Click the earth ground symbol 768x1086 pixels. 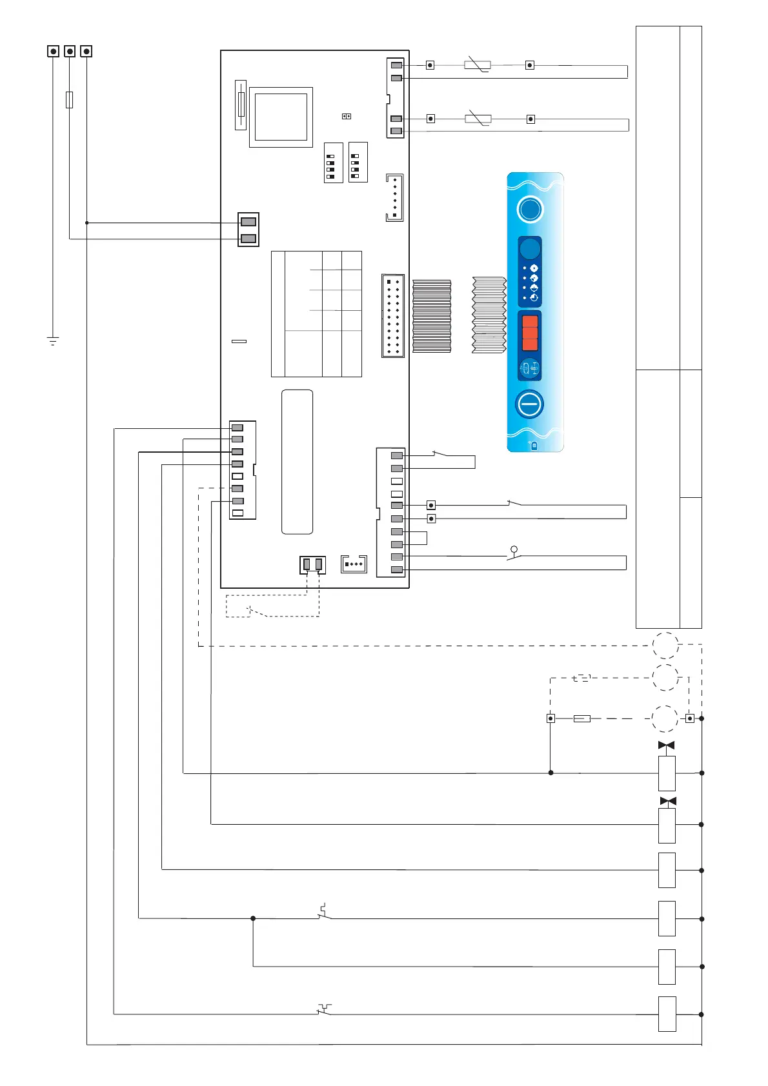[x=53, y=340]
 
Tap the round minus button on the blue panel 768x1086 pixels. [x=529, y=404]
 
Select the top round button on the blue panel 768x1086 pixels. [x=530, y=210]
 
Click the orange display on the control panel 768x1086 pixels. [x=530, y=332]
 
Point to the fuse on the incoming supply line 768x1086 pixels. [x=70, y=99]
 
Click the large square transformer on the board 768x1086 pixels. [x=281, y=117]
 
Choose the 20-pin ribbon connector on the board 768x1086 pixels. [x=392, y=316]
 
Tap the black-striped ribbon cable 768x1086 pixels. [x=431, y=316]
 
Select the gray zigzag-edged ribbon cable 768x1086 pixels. [x=489, y=315]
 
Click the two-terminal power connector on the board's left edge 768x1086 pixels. [x=248, y=230]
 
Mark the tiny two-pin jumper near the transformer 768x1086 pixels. [x=346, y=116]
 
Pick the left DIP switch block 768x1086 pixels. [x=332, y=163]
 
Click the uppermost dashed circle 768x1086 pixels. [x=665, y=645]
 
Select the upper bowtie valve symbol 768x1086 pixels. [x=666, y=745]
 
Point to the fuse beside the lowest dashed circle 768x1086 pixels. [x=581, y=718]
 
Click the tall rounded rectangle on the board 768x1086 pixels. [x=297, y=462]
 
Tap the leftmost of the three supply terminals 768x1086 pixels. [x=53, y=51]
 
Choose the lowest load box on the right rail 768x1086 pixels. [x=667, y=1014]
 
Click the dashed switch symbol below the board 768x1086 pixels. [x=258, y=611]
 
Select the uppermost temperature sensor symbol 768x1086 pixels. [x=478, y=65]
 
